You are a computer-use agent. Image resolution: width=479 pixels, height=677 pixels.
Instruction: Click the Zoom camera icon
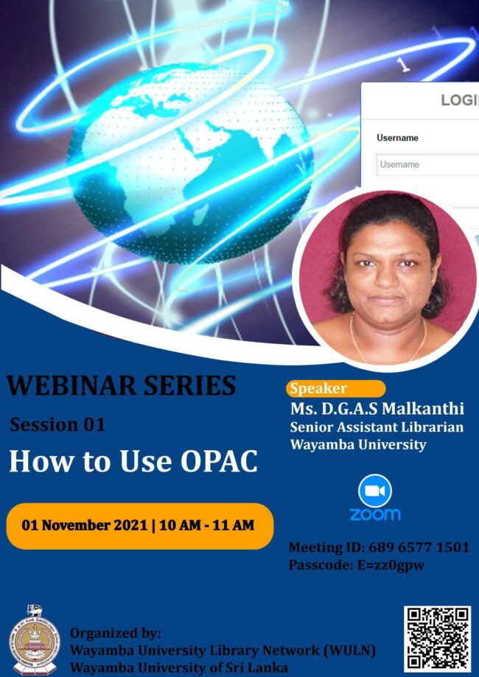point(375,490)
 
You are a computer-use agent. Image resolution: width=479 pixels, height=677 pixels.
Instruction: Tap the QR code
point(437,637)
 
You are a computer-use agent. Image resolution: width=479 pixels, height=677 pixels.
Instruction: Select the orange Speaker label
point(335,389)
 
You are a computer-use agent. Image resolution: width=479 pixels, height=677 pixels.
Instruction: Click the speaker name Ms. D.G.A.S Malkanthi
point(377,409)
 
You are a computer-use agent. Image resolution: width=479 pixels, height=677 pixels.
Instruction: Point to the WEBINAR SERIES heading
point(122,385)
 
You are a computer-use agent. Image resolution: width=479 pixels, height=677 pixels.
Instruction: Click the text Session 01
point(57,425)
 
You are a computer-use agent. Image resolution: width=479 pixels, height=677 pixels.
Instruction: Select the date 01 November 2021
point(83,525)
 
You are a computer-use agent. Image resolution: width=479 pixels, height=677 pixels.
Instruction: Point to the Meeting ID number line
point(378,547)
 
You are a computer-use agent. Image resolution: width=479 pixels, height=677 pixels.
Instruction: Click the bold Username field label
point(397,138)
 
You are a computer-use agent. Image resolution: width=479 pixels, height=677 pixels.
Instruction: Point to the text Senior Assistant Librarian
point(377,427)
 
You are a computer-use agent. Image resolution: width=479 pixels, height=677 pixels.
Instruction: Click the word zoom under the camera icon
point(375,513)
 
